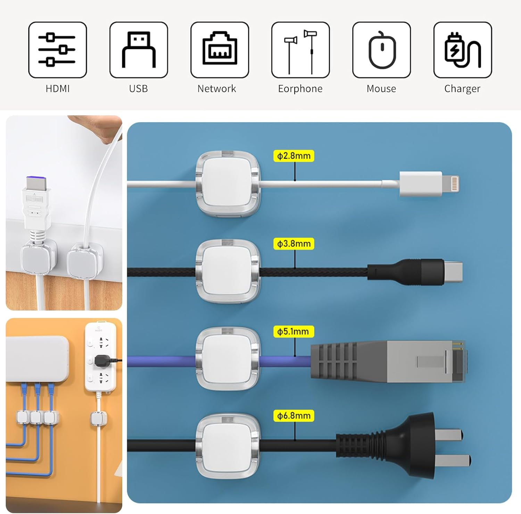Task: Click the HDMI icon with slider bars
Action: [57, 50]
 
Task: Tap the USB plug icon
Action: [139, 50]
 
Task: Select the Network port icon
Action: [220, 50]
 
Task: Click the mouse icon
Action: [381, 50]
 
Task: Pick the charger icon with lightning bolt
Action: [462, 50]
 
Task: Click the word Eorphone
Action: [300, 89]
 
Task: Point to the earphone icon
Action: [300, 50]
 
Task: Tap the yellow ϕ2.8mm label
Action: [294, 156]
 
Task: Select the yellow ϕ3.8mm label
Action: [294, 244]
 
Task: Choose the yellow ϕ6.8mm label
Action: [294, 416]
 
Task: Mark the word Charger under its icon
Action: [462, 89]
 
